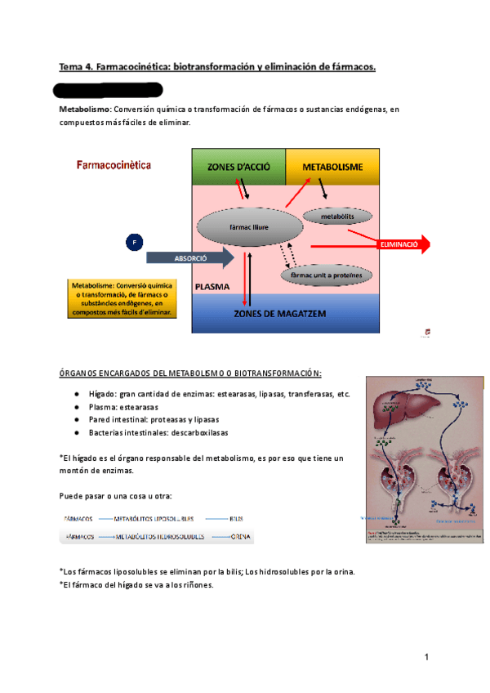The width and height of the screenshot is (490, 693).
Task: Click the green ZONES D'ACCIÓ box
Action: point(238,167)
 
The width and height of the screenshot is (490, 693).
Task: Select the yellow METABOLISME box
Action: point(332,167)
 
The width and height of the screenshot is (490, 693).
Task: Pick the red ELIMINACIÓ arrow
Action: point(399,244)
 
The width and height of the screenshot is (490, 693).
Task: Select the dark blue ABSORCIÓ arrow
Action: point(189,257)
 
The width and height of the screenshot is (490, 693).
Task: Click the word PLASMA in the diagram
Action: point(212,287)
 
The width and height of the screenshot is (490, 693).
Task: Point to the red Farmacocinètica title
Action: point(118,163)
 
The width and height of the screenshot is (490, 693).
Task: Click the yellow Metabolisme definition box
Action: point(120,298)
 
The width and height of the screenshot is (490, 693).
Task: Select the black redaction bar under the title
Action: point(103,90)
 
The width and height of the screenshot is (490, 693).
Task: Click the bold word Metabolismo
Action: point(85,109)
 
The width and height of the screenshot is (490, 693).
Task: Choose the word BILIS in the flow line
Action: point(237,518)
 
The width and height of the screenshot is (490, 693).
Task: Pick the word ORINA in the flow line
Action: point(240,537)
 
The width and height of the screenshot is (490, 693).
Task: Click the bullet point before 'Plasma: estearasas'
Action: point(76,407)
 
